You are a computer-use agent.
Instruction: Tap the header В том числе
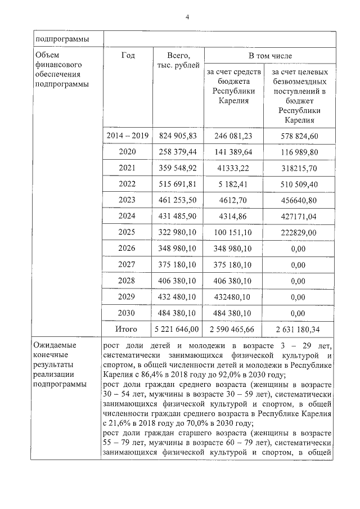[x=270, y=56]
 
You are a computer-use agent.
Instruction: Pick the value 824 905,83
[x=178, y=136]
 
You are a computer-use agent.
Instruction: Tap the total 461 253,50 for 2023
[x=178, y=200]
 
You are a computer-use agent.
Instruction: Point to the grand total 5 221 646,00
[x=178, y=329]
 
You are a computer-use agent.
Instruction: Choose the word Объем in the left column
[x=47, y=55]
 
